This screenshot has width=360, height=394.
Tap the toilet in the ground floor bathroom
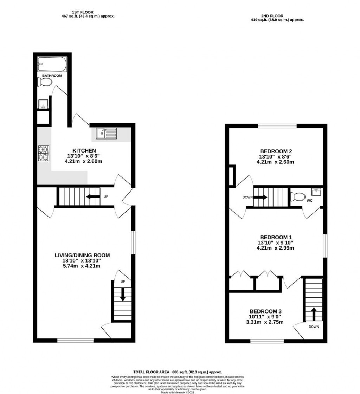click(45, 82)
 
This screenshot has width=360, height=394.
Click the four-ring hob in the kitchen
click(44, 153)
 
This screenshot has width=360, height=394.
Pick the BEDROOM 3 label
click(265, 311)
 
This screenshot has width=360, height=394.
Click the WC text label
click(310, 201)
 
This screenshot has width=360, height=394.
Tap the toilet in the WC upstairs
click(297, 196)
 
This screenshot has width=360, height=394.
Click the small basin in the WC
click(316, 192)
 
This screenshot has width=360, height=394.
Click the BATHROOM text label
click(52, 76)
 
